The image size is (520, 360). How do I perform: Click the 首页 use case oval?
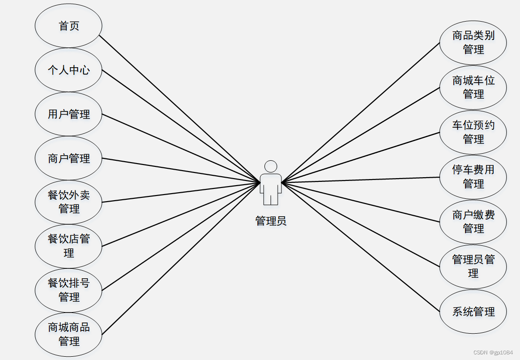pyautogui.click(x=69, y=26)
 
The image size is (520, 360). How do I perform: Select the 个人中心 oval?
pyautogui.click(x=69, y=70)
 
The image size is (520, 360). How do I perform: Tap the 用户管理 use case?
pyautogui.click(x=69, y=114)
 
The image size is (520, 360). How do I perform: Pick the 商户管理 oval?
pyautogui.click(x=69, y=158)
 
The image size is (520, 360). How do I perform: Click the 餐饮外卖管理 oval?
pyautogui.click(x=69, y=202)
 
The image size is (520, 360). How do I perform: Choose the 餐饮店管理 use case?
pyautogui.click(x=69, y=246)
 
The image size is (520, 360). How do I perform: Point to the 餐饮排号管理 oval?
pyautogui.click(x=69, y=290)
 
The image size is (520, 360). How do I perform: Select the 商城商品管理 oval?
pyautogui.click(x=69, y=334)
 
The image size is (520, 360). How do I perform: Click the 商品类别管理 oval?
pyautogui.click(x=473, y=42)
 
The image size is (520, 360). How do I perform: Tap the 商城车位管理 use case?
pyautogui.click(x=473, y=87)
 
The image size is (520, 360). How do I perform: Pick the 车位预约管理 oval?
pyautogui.click(x=473, y=132)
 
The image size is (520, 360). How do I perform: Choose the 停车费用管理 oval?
pyautogui.click(x=473, y=177)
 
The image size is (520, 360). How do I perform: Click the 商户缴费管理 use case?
pyautogui.click(x=473, y=222)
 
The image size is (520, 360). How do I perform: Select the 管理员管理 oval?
pyautogui.click(x=473, y=266)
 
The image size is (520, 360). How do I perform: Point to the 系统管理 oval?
pyautogui.click(x=473, y=312)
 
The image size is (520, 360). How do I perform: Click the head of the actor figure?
pyautogui.click(x=271, y=167)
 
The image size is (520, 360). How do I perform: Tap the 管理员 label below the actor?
pyautogui.click(x=271, y=221)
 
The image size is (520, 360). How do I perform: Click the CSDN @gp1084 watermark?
pyautogui.click(x=493, y=352)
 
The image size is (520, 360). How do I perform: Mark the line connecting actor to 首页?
pyautogui.click(x=180, y=109)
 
